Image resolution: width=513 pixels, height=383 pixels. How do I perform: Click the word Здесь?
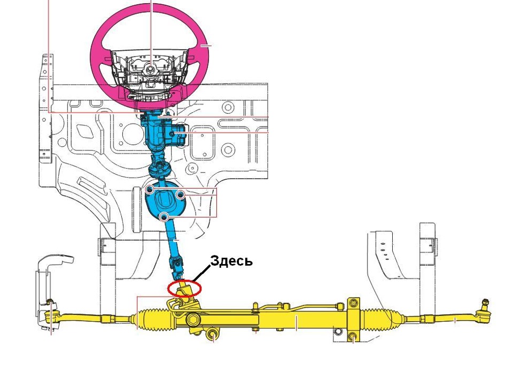click(x=231, y=261)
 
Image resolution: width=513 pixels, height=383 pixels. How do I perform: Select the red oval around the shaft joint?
click(x=168, y=289)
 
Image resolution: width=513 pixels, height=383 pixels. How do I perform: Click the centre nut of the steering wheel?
click(x=150, y=69)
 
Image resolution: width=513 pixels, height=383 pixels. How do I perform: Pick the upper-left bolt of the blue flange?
click(x=150, y=189)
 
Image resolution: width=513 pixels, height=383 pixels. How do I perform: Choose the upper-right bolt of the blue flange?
click(x=180, y=195)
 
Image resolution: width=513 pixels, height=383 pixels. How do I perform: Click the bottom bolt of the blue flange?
click(x=164, y=217)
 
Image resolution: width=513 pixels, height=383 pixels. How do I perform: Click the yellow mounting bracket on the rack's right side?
click(x=353, y=318)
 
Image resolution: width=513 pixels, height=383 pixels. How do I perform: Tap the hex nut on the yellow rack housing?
click(x=193, y=320)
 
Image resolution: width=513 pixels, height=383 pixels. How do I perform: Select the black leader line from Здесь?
click(x=201, y=273)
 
